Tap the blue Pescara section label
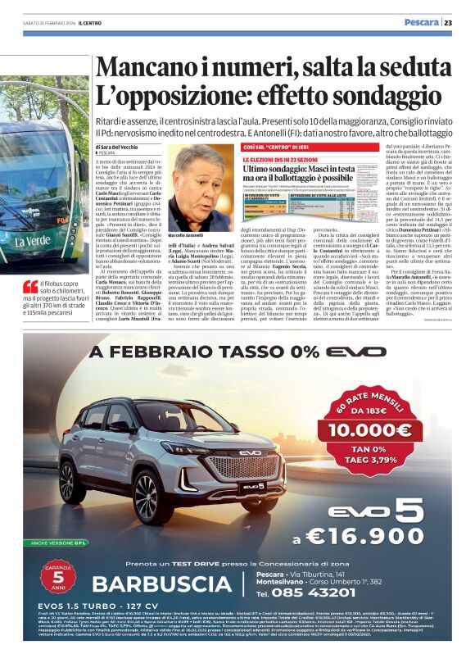pyautogui.click(x=421, y=23)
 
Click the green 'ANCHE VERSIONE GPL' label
pyautogui.click(x=54, y=541)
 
